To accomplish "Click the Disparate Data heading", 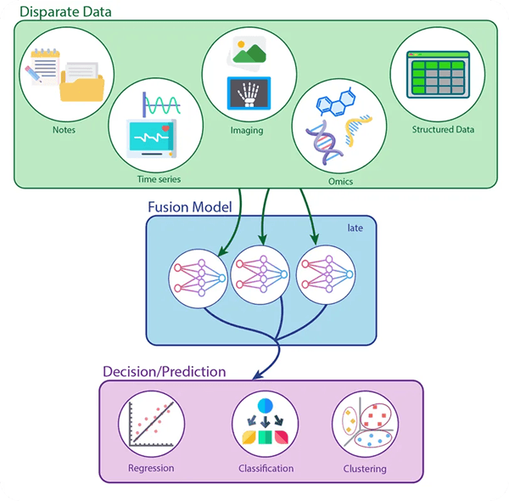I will [64, 12].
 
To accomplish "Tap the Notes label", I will [64, 130].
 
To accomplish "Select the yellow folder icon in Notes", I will [81, 86].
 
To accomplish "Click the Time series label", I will [159, 179].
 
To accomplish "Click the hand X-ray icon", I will [248, 94].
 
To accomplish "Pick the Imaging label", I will [247, 131].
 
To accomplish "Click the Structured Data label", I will [443, 130].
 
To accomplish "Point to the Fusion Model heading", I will [189, 205].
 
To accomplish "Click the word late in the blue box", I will [355, 228].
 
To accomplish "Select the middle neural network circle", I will [261, 273].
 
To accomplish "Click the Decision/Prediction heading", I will [164, 371].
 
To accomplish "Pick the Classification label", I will [265, 469].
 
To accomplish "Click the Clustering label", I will [365, 469].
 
